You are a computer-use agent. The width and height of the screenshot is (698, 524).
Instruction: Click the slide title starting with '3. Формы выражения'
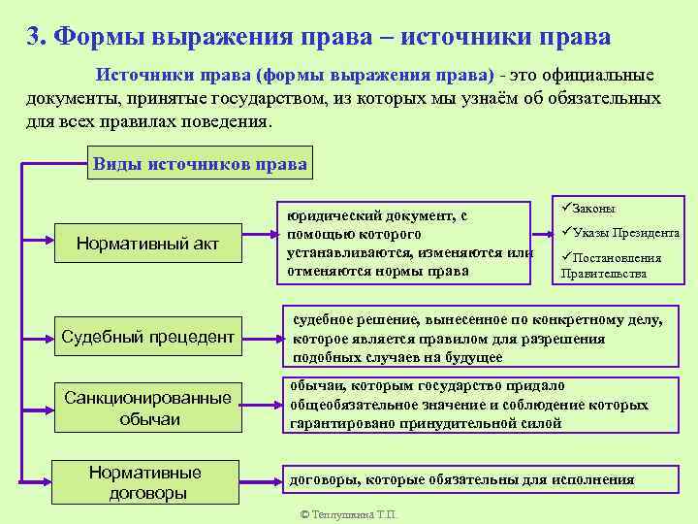[319, 37]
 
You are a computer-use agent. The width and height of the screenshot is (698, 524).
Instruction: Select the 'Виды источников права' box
[200, 164]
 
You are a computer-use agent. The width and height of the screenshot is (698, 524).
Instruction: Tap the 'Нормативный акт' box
[147, 244]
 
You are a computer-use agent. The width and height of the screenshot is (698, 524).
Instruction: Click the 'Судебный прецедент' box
[147, 337]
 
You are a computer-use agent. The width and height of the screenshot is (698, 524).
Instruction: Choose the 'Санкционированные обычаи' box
[147, 409]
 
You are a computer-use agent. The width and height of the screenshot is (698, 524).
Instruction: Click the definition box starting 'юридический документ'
[405, 243]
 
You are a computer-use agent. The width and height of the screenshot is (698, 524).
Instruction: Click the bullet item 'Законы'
[593, 209]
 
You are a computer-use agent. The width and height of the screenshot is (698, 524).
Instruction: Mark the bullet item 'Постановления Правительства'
[617, 265]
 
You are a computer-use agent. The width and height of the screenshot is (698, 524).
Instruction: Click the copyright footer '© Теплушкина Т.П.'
[349, 514]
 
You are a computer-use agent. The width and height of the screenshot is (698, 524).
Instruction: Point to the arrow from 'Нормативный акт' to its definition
[258, 233]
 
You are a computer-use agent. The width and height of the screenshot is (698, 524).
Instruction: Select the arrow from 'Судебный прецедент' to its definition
[262, 338]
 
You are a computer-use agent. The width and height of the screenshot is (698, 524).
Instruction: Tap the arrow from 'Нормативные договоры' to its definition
[260, 480]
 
